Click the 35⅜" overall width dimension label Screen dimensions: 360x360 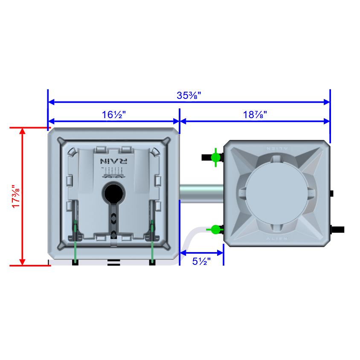pyautogui.click(x=189, y=96)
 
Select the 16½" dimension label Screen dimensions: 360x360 pyautogui.click(x=113, y=115)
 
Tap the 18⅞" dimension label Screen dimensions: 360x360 pyautogui.click(x=255, y=115)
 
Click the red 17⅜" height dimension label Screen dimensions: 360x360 pyautogui.click(x=16, y=197)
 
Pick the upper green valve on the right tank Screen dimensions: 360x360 pyautogui.click(x=215, y=157)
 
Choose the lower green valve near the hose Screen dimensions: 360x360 pyautogui.click(x=216, y=229)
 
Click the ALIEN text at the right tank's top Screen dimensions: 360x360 pyautogui.click(x=277, y=148)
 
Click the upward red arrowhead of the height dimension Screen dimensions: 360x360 pyautogui.click(x=23, y=131)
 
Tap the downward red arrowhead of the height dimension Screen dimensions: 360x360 pyautogui.click(x=23, y=262)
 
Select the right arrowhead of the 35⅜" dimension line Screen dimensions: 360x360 pyautogui.click(x=327, y=102)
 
